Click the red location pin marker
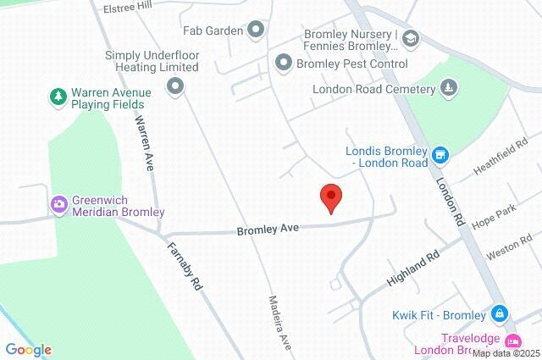point(331,197)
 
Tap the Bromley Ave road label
point(268,230)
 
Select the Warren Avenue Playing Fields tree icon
point(58,97)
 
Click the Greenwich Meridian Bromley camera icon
point(58,204)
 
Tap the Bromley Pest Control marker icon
point(284,63)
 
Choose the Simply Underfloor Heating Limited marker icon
point(175,85)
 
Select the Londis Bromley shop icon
point(440,155)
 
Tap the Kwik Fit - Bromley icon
point(500,314)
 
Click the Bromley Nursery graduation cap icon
point(411,39)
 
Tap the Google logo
point(28,350)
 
